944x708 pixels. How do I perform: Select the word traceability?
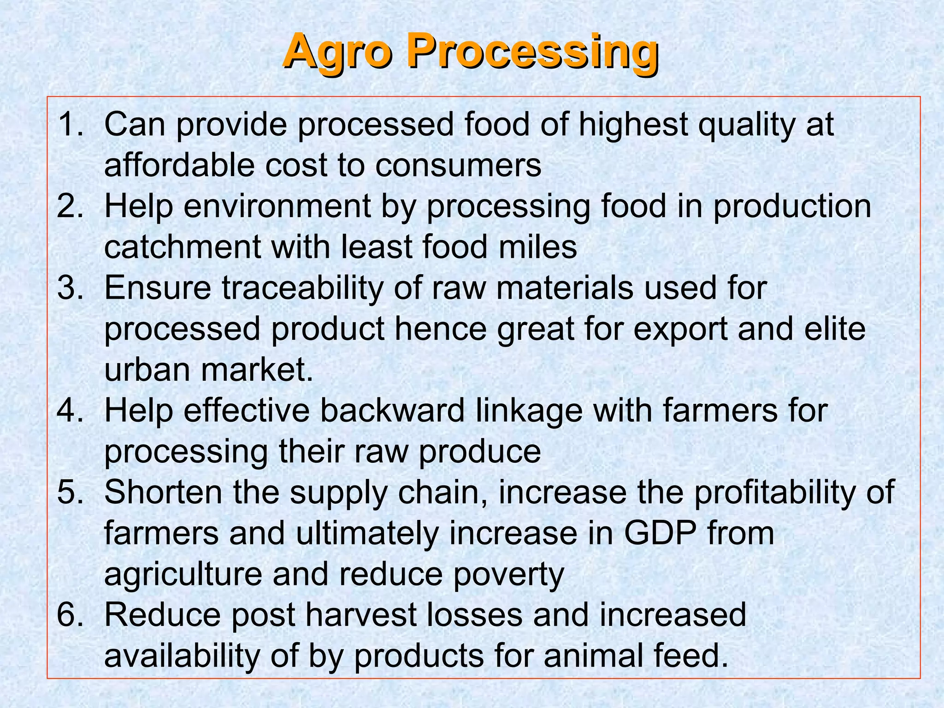(302, 288)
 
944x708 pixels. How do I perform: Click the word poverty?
(509, 575)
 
